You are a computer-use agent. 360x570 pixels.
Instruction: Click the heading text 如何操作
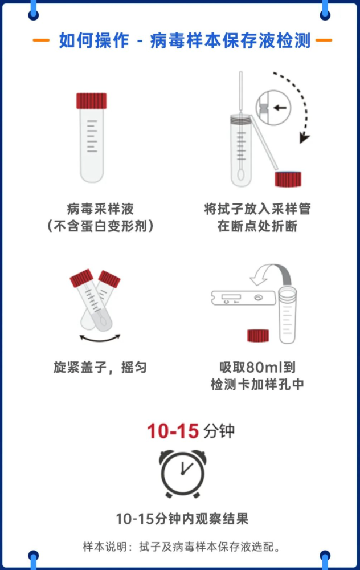point(94,40)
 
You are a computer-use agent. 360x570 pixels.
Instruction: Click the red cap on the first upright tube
point(92,101)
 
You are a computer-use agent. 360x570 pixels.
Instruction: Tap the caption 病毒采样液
point(100,209)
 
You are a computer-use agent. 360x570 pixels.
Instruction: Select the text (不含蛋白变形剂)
point(100,226)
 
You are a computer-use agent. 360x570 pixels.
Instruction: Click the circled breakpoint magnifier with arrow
point(273,108)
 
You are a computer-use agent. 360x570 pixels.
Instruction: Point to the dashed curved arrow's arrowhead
point(304,138)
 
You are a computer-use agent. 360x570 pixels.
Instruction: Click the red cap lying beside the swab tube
point(288,179)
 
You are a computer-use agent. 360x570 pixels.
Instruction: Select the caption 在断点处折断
point(257,226)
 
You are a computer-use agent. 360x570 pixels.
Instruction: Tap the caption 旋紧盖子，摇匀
point(100,367)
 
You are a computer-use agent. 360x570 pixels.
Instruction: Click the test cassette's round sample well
point(258,298)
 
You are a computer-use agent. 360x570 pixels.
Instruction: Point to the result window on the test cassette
point(231,296)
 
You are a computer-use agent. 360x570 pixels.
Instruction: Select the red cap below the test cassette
point(258,336)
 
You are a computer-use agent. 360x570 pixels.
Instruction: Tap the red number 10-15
point(173,431)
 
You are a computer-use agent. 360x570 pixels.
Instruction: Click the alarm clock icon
point(183,474)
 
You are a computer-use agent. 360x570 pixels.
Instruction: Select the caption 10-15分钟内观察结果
point(182,519)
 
